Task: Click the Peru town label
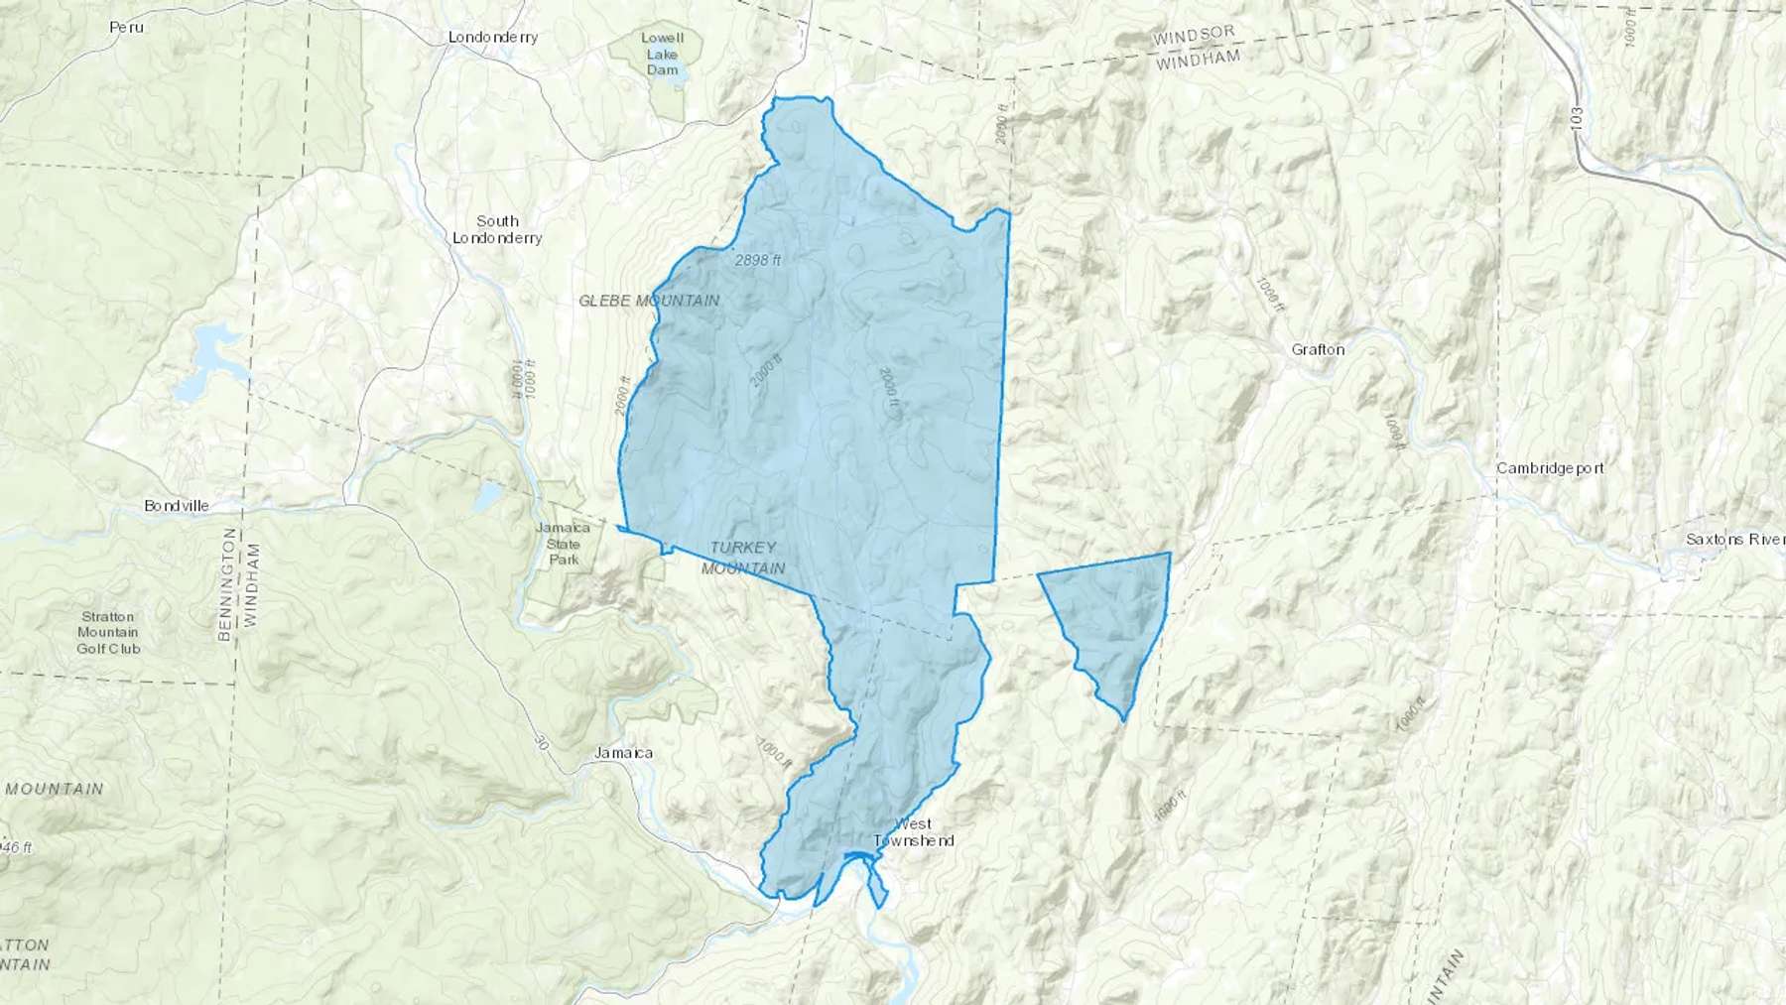click(x=126, y=27)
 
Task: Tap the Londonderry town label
click(x=493, y=37)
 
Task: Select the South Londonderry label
click(x=497, y=229)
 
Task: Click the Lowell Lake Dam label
click(x=662, y=54)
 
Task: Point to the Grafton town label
click(x=1318, y=349)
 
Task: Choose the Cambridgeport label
click(x=1550, y=468)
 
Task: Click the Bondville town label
click(x=177, y=506)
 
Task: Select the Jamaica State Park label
click(x=564, y=544)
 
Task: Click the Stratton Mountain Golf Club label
click(x=108, y=632)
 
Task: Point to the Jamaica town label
click(x=623, y=753)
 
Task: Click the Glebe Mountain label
click(x=649, y=301)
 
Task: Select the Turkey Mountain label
click(x=743, y=558)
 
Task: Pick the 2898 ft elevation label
click(x=758, y=261)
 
